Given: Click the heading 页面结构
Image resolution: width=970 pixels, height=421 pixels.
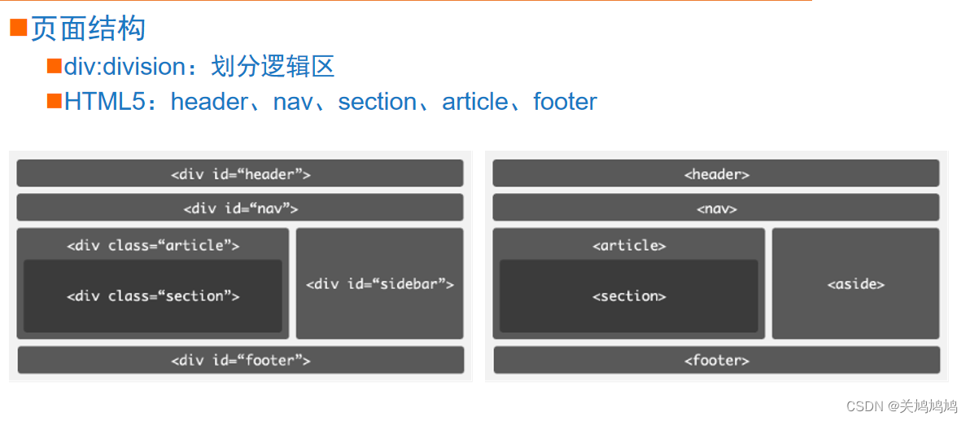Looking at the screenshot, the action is [x=88, y=29].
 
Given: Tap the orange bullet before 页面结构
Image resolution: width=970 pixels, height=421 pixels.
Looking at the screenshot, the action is [x=19, y=29].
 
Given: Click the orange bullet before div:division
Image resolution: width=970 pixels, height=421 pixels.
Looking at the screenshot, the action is [x=55, y=66].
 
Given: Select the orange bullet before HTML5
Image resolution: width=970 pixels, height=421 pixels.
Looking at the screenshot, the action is [x=55, y=101].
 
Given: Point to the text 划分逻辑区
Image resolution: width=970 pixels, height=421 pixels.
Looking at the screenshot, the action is [x=273, y=67].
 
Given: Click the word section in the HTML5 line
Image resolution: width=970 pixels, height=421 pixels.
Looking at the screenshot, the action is [x=378, y=102].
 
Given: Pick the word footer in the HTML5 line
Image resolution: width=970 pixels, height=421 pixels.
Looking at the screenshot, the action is [x=565, y=102].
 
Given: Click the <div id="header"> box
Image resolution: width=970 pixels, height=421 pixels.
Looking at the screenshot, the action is [x=240, y=173].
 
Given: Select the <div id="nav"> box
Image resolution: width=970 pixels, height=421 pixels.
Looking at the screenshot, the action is [x=240, y=208].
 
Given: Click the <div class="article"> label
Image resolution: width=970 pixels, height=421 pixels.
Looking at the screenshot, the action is [x=153, y=245].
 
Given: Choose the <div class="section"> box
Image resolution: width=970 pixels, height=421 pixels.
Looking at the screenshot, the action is [x=153, y=296].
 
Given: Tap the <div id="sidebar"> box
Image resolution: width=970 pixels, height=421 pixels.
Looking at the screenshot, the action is [x=379, y=283].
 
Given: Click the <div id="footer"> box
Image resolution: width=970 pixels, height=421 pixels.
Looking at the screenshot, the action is [x=240, y=360].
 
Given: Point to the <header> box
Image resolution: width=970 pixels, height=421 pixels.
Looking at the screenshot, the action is [x=716, y=173].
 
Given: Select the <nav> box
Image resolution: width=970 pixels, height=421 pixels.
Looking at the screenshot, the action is [x=716, y=208].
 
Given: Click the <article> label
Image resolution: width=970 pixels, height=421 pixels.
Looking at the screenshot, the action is [x=629, y=245].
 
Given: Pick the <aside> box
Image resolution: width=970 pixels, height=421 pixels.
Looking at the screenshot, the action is [x=855, y=283].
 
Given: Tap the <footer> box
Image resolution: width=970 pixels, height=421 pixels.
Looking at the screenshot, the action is [x=716, y=360].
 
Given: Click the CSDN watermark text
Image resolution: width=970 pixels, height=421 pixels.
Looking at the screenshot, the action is [x=901, y=406].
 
